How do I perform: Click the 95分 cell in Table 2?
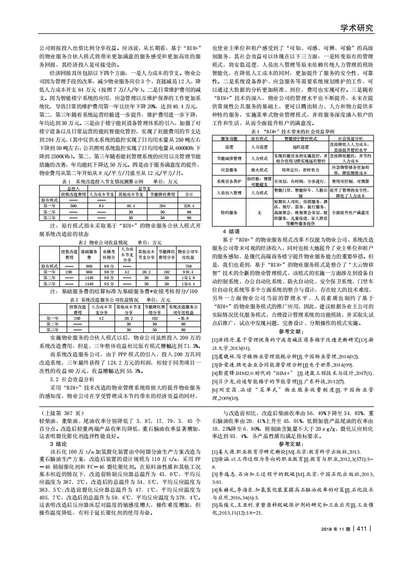(109, 284)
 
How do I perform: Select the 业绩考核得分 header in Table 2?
(109, 255)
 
